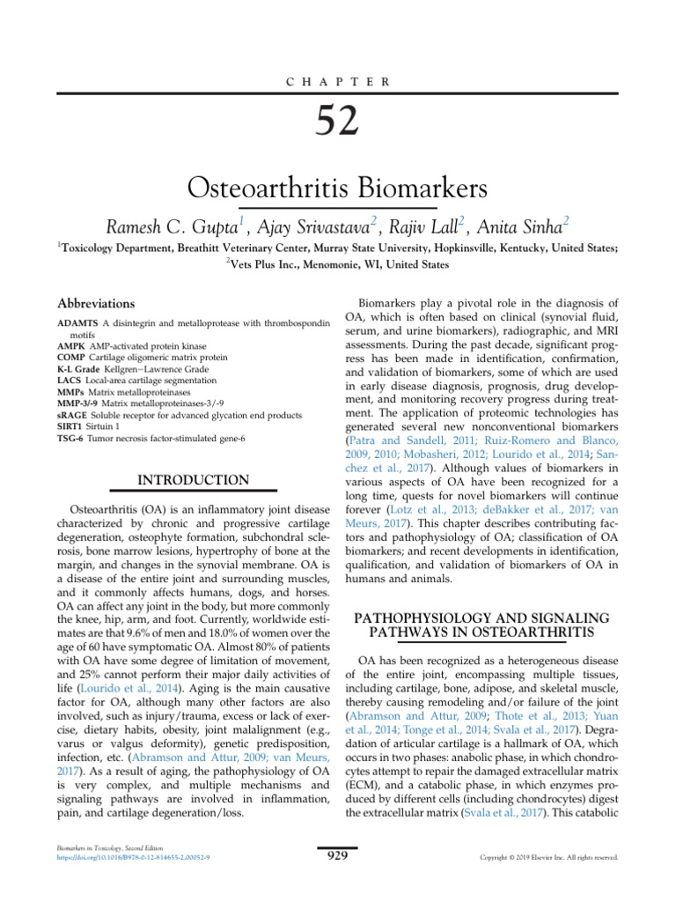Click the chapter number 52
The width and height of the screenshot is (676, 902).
coord(337,120)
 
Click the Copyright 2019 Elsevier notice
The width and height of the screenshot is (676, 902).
coord(549,857)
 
